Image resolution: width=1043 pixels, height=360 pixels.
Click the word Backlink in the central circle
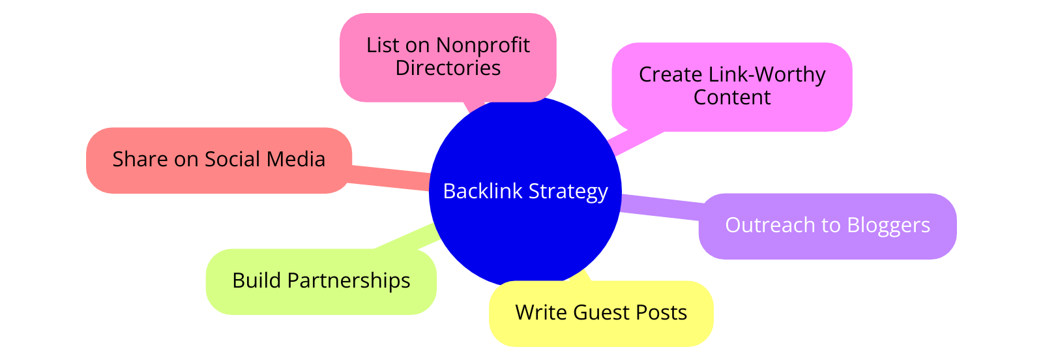(482, 191)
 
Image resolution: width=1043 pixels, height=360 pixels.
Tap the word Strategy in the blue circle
(568, 191)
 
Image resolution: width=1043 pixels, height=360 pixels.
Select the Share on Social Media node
(218, 160)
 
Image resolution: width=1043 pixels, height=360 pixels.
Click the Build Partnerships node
(321, 281)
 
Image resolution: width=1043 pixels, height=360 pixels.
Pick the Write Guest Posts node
(601, 313)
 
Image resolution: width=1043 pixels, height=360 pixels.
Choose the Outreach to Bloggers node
(827, 226)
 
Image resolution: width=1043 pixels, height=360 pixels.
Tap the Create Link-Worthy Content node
(731, 86)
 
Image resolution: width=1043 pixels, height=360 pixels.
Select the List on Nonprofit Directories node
(448, 57)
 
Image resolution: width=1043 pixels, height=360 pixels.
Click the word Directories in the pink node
(448, 68)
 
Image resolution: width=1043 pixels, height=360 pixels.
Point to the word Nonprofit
(482, 45)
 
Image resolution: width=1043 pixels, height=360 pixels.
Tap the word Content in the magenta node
(731, 97)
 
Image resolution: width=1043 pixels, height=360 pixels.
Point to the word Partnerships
(349, 281)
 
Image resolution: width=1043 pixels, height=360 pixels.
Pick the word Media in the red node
(298, 160)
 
